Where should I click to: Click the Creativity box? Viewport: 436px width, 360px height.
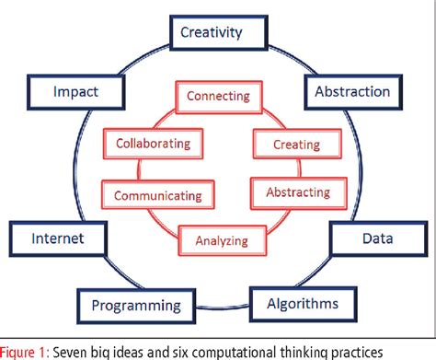(211, 34)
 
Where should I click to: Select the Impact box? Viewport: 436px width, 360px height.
(75, 91)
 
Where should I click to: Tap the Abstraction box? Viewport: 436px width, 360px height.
(352, 91)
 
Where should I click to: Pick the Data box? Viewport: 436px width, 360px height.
(377, 238)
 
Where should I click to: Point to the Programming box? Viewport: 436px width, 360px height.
(135, 305)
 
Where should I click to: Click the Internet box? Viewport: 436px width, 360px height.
(58, 238)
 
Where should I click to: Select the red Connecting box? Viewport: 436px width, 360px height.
(219, 95)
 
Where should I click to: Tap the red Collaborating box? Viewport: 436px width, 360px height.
(153, 143)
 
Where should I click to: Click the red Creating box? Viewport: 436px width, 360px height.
(296, 145)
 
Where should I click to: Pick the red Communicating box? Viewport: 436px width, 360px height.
(157, 194)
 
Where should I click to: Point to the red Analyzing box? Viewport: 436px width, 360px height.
(222, 241)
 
